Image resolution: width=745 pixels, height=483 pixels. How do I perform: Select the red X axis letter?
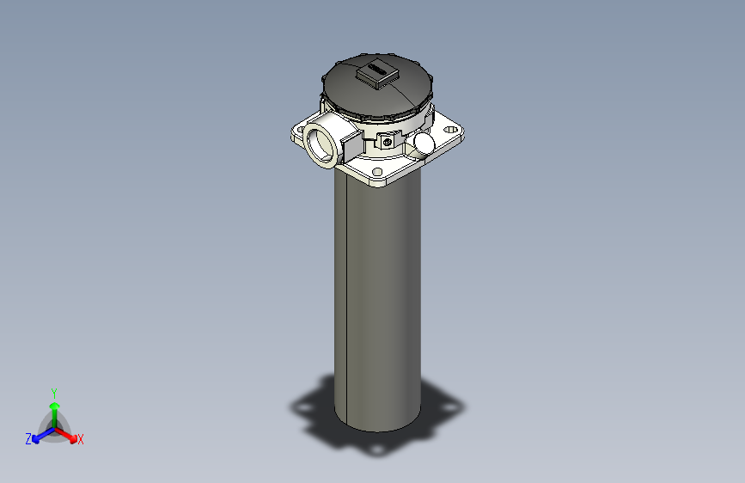(x=80, y=440)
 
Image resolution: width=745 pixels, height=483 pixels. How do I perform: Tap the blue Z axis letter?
(x=28, y=439)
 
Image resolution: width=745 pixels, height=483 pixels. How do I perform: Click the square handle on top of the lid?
(x=377, y=76)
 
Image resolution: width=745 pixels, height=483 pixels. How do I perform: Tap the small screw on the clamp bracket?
(x=388, y=141)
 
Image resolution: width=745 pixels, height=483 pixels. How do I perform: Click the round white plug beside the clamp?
(x=424, y=141)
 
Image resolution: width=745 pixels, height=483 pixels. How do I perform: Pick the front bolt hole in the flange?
(x=379, y=172)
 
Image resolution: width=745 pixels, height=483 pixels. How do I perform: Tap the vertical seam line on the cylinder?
(x=344, y=301)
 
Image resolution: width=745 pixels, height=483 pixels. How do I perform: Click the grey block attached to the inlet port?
(x=351, y=145)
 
